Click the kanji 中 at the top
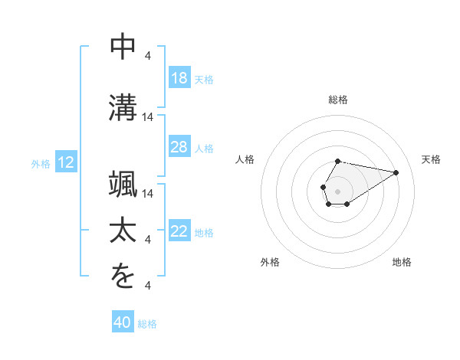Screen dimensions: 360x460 point(123,47)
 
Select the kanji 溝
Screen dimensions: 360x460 point(123,105)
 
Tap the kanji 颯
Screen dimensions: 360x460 point(123,184)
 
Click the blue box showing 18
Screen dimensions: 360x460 point(179,78)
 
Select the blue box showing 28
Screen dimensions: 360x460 point(179,148)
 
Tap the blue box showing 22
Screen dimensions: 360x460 point(179,232)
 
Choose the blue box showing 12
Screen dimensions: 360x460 point(65,162)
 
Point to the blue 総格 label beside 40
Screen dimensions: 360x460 point(147,324)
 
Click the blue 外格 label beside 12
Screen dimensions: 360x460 point(40,163)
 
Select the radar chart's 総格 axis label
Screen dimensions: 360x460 point(338,100)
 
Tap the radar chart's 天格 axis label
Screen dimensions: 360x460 point(431,159)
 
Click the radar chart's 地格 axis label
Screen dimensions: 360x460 point(402,262)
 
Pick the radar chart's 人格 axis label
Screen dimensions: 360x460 point(245,159)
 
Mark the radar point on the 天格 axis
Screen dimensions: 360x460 point(396,172)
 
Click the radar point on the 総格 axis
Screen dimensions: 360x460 point(338,162)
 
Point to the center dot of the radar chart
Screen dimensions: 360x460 point(338,190)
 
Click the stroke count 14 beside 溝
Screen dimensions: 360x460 point(149,117)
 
